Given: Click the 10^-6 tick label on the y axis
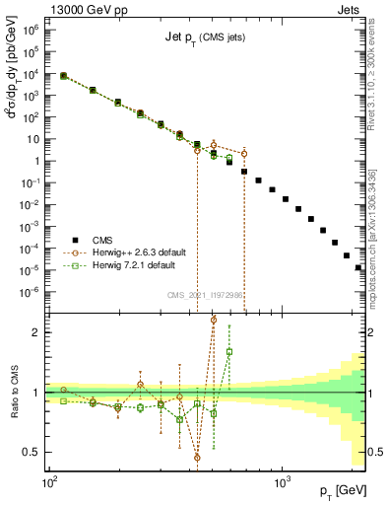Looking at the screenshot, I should (31, 291).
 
